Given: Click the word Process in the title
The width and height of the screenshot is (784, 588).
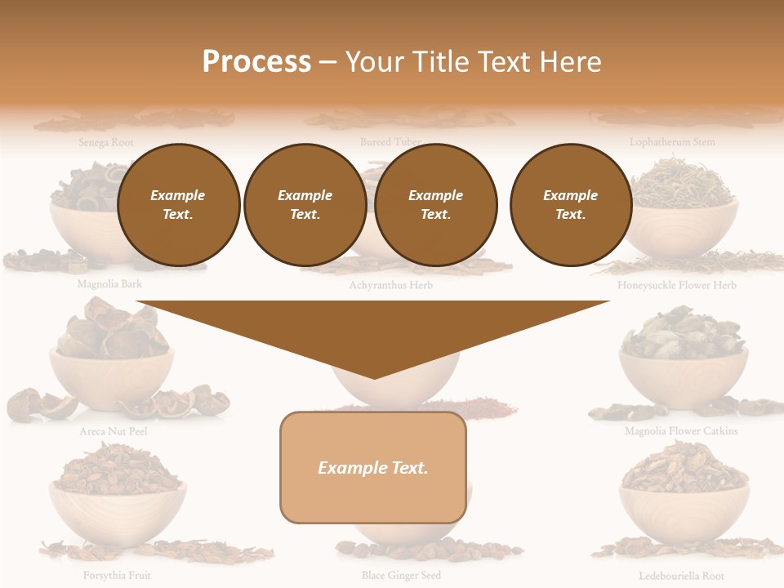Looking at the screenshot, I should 256,62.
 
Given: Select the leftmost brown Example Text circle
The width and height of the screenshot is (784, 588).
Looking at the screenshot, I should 178,205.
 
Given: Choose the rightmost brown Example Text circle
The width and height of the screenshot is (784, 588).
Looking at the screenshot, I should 570,205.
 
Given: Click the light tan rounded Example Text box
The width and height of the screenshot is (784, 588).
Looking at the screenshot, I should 373,467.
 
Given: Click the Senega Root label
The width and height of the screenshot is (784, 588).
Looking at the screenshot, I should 106,142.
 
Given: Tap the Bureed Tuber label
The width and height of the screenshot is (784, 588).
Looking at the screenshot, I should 390,142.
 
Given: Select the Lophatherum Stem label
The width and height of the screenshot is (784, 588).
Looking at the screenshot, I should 672,142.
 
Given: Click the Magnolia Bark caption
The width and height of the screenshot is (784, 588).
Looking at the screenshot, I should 109,285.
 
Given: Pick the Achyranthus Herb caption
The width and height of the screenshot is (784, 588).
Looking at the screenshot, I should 390,286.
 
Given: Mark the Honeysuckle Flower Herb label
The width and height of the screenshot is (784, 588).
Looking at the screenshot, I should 677,286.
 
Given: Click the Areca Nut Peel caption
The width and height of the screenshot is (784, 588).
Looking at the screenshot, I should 114,431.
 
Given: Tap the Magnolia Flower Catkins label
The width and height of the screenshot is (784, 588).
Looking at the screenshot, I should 681,431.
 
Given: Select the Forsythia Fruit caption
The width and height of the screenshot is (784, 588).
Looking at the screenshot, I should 117,576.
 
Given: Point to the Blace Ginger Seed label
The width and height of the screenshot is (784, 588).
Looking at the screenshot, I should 401,576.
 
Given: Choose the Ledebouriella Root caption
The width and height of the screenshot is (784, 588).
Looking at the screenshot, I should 681,576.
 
